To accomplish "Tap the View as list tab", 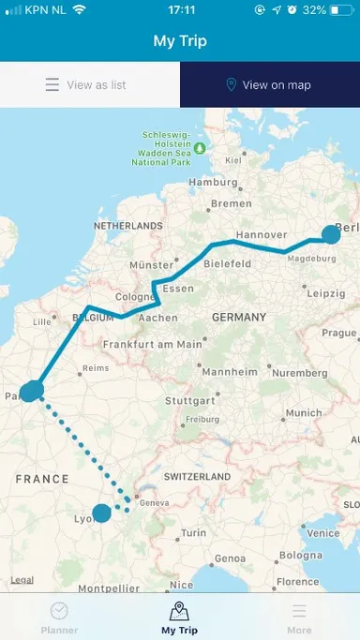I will [89, 85].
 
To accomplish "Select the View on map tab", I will [269, 85].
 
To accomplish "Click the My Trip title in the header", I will [180, 41].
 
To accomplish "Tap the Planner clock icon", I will [59, 611].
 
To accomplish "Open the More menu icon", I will [299, 611].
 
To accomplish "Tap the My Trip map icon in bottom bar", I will [179, 611].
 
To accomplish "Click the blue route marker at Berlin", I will [332, 234].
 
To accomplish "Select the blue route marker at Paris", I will [32, 391].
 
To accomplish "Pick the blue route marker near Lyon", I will [101, 513].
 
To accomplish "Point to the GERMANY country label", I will [240, 318].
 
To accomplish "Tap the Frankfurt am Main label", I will [153, 344].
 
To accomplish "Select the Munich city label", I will [304, 412].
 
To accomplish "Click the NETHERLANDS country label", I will [127, 227].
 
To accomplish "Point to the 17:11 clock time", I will [179, 9].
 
